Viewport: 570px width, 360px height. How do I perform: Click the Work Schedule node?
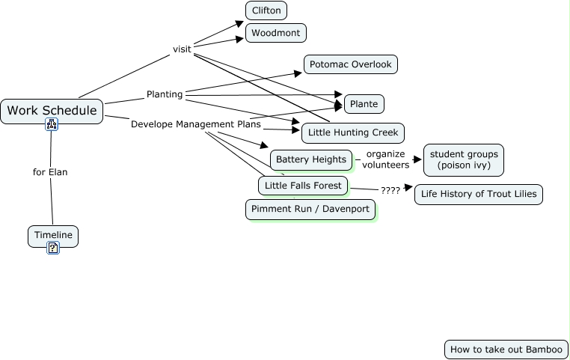(52, 111)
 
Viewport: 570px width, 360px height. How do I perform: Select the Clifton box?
(266, 10)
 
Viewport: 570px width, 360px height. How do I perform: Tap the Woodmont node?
(276, 33)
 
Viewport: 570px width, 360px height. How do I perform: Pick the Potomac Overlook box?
(351, 64)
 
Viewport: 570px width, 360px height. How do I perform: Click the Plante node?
(364, 103)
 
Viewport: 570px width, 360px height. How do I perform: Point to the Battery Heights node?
(311, 159)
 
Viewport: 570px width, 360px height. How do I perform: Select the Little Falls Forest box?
(303, 185)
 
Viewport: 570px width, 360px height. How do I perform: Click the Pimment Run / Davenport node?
(310, 209)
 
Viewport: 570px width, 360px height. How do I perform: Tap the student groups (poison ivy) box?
(464, 159)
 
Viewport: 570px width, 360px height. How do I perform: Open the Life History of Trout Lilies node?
(479, 195)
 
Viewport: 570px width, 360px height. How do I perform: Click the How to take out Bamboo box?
(506, 350)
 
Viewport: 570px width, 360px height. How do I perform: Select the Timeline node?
(53, 236)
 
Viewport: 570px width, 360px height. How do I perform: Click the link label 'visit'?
(182, 49)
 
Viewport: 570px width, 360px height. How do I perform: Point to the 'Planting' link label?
(165, 94)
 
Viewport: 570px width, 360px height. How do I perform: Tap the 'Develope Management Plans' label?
(196, 124)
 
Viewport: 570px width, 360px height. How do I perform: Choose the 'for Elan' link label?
(50, 172)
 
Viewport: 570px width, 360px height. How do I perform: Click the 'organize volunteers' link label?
(386, 159)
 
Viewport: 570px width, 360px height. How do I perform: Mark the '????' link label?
(390, 191)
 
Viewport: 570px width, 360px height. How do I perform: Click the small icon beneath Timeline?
(53, 248)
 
